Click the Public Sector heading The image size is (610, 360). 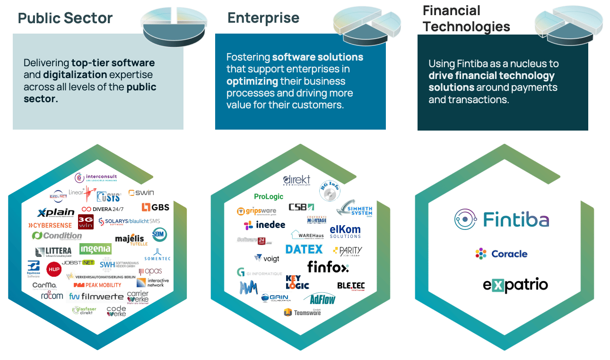click(x=65, y=18)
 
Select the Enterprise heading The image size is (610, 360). click(x=263, y=18)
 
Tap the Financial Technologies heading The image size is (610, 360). click(x=466, y=18)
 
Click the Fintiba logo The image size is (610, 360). click(x=501, y=220)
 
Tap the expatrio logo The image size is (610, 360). click(x=515, y=285)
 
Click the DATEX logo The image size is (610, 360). click(x=304, y=249)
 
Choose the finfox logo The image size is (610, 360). click(x=328, y=267)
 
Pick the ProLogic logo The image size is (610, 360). click(x=269, y=196)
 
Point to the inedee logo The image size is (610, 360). click(x=264, y=225)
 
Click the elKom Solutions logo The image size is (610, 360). click(x=345, y=231)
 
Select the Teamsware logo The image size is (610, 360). click(x=302, y=312)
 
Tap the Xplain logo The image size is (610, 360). click(x=56, y=212)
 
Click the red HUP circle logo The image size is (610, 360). click(x=54, y=269)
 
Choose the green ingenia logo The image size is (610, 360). click(x=96, y=249)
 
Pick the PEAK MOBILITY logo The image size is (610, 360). click(x=97, y=285)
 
